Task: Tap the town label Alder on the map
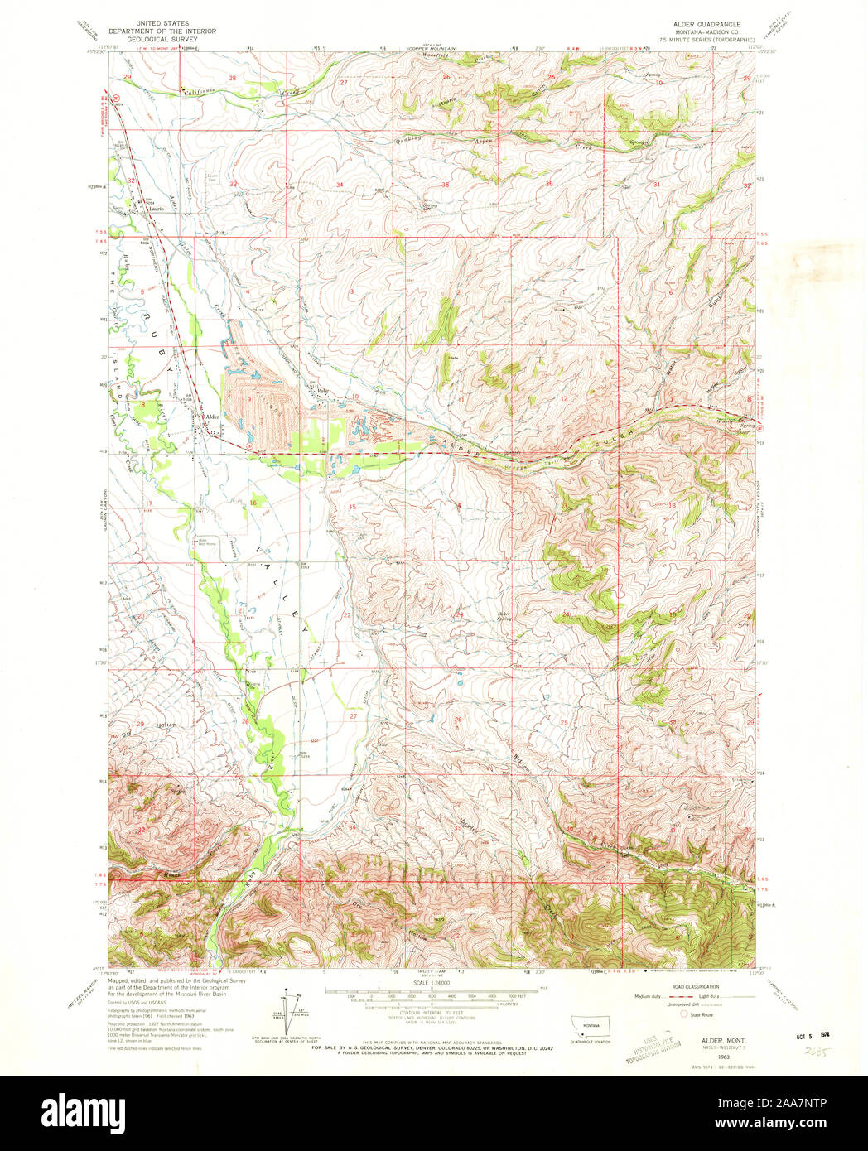tap(212, 417)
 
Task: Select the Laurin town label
tap(154, 209)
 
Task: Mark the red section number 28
tap(234, 79)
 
